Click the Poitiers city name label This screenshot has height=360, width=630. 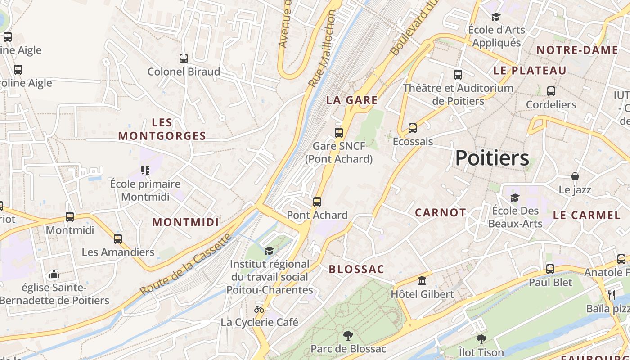point(492,158)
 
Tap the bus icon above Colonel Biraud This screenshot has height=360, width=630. point(184,58)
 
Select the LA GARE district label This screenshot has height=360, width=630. point(352,100)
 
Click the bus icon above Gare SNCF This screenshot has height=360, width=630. point(339,132)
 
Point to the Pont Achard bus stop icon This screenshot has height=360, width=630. point(317,202)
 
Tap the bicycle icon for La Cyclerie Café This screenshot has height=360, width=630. point(259,309)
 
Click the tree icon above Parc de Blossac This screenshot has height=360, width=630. point(348,335)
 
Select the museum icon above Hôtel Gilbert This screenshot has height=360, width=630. point(422,281)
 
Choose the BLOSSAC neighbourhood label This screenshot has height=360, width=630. point(356,270)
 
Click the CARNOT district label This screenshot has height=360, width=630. point(440,213)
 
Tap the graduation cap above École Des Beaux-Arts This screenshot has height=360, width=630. point(515,198)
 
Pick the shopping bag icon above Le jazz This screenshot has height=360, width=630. point(575,176)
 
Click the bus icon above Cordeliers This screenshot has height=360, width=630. point(551,91)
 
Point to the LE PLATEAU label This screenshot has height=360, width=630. point(530,71)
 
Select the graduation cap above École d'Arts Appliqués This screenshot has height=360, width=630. point(496,17)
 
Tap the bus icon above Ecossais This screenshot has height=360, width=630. point(413,128)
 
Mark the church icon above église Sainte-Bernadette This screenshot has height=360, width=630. point(54,274)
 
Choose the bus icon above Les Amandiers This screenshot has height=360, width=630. point(118,238)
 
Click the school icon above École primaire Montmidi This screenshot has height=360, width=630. point(145,170)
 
